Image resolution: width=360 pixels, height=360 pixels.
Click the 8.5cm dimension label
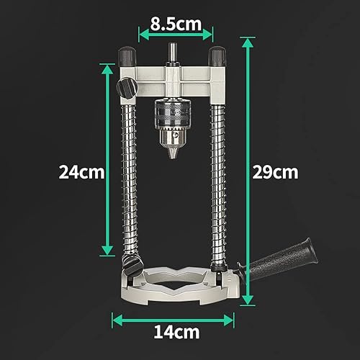[x=176, y=24]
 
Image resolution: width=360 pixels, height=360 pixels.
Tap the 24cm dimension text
[x=81, y=172]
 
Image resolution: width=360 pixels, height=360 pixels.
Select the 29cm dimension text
[x=275, y=172]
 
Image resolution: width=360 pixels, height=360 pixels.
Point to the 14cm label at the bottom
[x=176, y=332]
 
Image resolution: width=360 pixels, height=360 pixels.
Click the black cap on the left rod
[x=127, y=56]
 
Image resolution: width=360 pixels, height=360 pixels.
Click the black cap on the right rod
[x=217, y=56]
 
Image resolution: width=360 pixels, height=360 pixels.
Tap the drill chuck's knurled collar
[x=173, y=113]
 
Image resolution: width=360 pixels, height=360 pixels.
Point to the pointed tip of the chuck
[x=174, y=156]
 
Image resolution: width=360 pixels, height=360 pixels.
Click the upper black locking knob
[x=127, y=88]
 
